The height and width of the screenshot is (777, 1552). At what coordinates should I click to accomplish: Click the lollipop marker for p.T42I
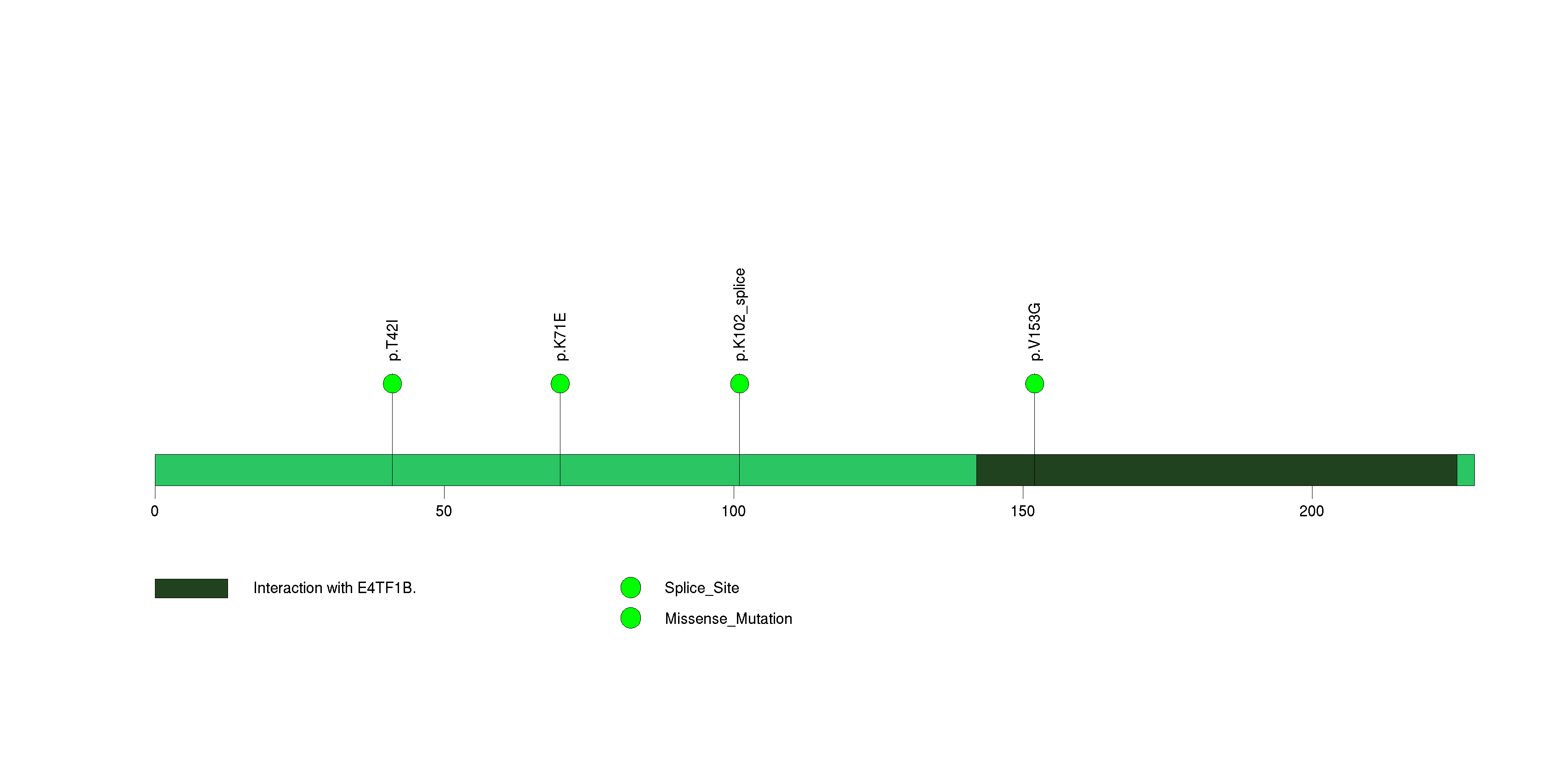click(x=392, y=384)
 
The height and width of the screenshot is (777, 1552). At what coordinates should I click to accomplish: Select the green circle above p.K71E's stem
click(x=560, y=384)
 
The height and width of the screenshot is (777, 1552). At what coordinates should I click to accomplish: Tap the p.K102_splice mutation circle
click(x=739, y=384)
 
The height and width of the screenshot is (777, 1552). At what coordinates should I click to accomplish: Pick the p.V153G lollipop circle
click(x=1034, y=384)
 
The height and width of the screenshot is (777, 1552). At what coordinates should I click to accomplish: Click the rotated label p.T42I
click(x=393, y=340)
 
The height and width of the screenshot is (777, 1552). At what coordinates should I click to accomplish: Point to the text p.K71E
click(x=560, y=337)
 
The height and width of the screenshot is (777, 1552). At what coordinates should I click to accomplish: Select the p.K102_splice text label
click(x=740, y=314)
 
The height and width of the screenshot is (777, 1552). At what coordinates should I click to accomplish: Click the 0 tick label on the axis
click(x=155, y=511)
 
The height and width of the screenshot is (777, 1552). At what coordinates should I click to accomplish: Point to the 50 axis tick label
click(x=444, y=511)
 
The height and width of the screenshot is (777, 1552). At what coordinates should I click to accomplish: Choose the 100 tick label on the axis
click(x=733, y=511)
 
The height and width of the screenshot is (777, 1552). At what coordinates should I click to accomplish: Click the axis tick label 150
click(x=1022, y=511)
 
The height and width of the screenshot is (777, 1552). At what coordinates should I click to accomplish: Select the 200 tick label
click(x=1312, y=511)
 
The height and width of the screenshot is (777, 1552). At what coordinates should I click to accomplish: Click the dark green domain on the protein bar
click(x=1216, y=470)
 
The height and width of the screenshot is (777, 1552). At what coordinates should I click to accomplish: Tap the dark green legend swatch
click(x=192, y=588)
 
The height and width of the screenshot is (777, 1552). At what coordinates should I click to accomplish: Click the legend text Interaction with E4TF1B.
click(x=334, y=588)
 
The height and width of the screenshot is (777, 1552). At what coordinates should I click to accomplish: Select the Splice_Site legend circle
click(x=631, y=587)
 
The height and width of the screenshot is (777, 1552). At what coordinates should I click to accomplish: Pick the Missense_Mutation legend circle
click(x=631, y=618)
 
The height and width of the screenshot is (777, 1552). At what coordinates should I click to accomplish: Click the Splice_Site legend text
click(x=702, y=588)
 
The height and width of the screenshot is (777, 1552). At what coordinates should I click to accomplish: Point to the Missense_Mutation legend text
click(x=728, y=618)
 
